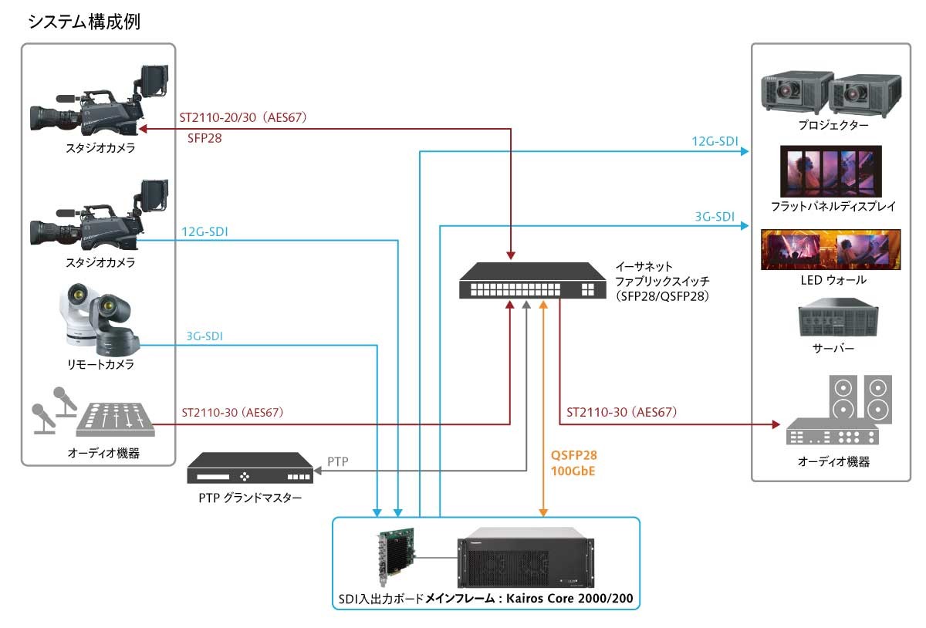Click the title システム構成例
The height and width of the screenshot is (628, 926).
click(83, 22)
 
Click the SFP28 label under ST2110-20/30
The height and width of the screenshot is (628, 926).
click(205, 140)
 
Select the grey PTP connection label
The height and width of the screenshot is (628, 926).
click(338, 462)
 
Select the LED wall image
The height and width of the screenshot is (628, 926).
click(831, 249)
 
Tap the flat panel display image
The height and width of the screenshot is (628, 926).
click(833, 171)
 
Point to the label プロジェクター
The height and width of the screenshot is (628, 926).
click(833, 125)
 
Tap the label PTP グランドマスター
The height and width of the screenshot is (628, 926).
click(251, 498)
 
